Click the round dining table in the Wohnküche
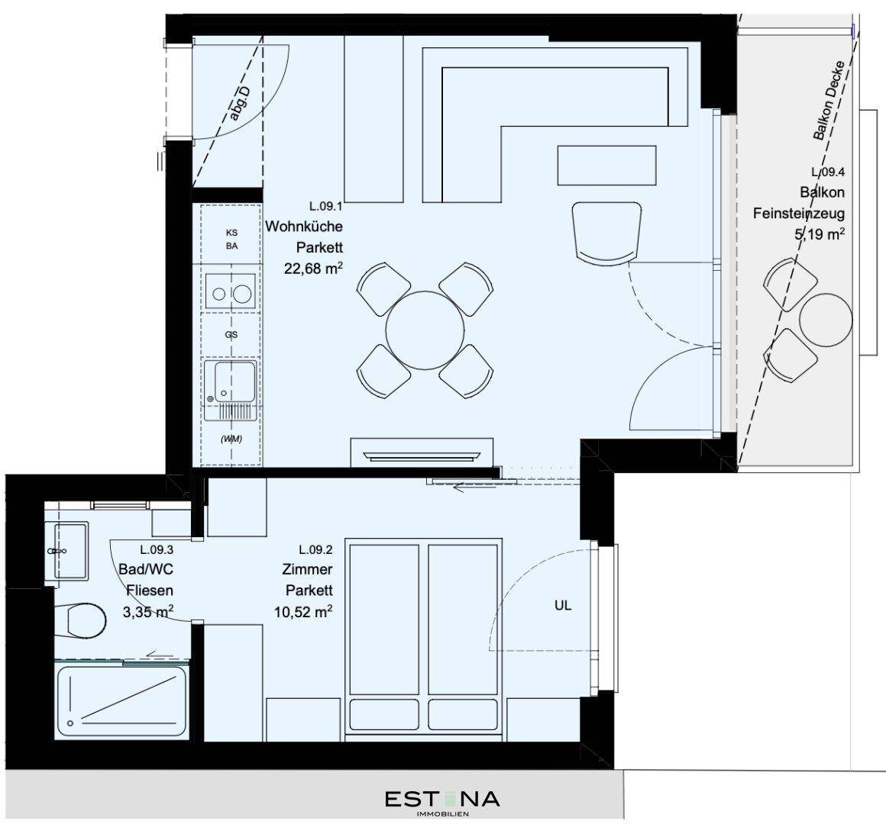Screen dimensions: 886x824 click(x=425, y=329)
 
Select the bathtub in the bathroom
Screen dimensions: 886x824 click(x=121, y=701)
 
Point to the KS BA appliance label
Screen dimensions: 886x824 click(x=231, y=240)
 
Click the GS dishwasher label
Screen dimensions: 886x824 click(x=231, y=335)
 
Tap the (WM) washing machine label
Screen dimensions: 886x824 click(x=231, y=439)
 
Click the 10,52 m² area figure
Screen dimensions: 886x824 click(x=303, y=611)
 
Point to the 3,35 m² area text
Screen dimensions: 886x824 click(x=147, y=611)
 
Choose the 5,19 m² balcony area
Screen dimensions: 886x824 click(x=820, y=233)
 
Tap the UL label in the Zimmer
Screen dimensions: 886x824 click(x=563, y=606)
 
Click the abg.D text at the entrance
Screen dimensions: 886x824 click(x=239, y=104)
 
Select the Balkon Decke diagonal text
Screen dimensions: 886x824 click(x=829, y=101)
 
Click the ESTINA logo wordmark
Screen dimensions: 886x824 click(x=442, y=799)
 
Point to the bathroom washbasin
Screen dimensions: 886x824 click(x=71, y=550)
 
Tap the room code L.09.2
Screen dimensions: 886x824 click(x=316, y=549)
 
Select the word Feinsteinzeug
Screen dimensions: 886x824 click(x=799, y=214)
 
